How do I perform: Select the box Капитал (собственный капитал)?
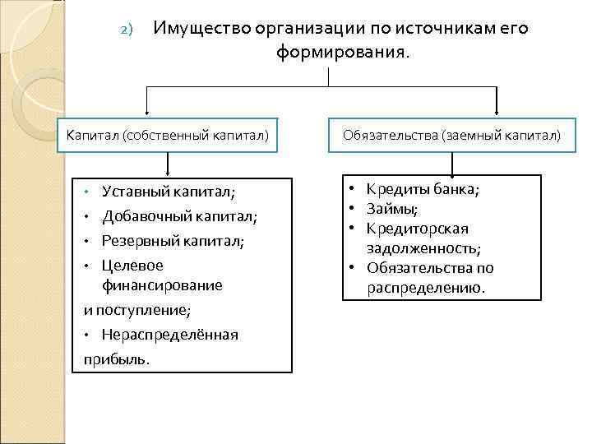pyautogui.click(x=168, y=135)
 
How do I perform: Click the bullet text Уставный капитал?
pyautogui.click(x=168, y=192)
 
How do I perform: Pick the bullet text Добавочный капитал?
pyautogui.click(x=179, y=217)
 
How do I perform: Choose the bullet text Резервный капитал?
pyautogui.click(x=173, y=242)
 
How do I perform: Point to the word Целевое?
pyautogui.click(x=132, y=266)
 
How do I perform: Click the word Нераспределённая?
pyautogui.click(x=169, y=335)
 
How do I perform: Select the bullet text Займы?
pyautogui.click(x=391, y=209)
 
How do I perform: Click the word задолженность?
pyautogui.click(x=424, y=248)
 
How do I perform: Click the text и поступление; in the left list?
pyautogui.click(x=137, y=311)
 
